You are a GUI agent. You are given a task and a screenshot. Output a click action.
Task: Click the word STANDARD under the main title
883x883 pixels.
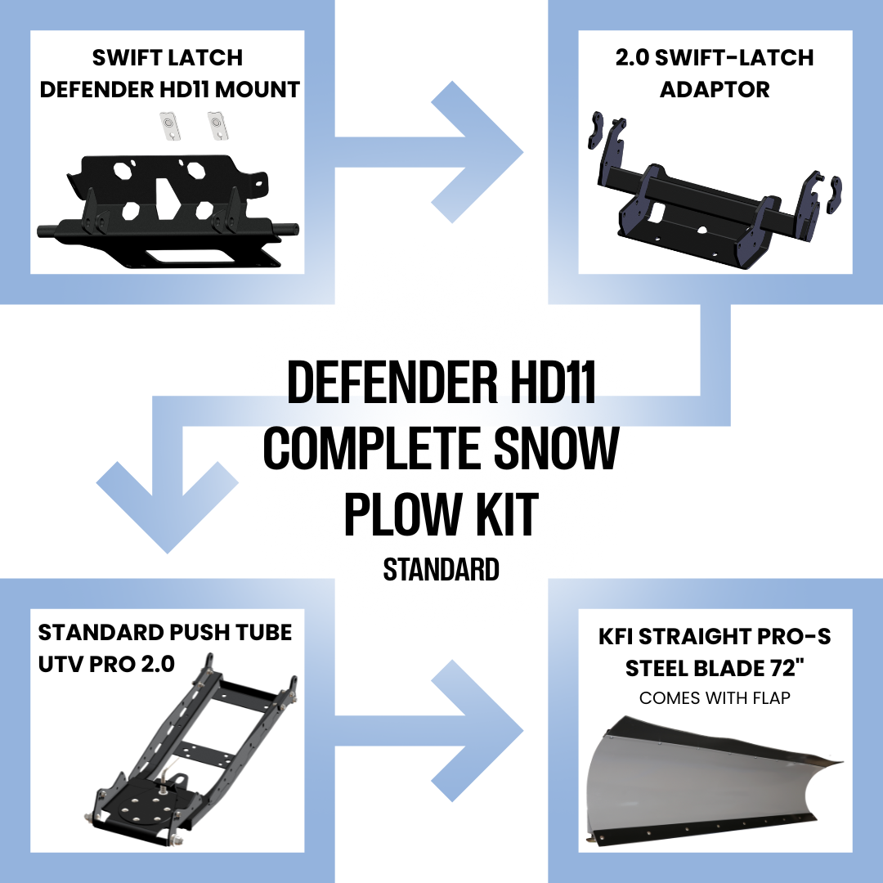(x=441, y=569)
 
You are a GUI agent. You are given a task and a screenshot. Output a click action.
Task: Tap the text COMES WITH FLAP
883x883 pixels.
(x=715, y=698)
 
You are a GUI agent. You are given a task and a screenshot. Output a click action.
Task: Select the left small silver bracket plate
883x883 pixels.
(x=168, y=125)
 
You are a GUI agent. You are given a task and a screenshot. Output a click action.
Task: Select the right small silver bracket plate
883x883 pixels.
(x=216, y=125)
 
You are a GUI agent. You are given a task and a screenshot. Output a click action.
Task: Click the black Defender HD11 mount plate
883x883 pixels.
(x=164, y=208)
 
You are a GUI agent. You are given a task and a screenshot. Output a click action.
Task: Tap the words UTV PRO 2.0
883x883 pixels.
(x=106, y=663)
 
